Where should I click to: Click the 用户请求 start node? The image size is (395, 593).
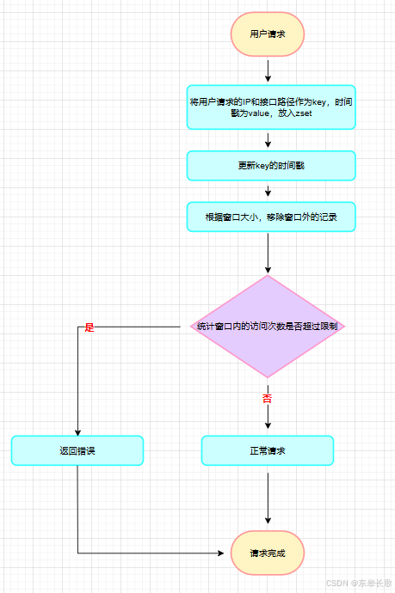(268, 34)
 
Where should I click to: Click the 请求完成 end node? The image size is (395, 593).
(268, 553)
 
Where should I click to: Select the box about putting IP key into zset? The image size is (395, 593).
(271, 107)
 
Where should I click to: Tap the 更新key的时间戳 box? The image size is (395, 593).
(271, 166)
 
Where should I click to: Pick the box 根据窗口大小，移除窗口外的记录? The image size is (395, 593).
(271, 217)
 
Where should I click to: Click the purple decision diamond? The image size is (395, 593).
(268, 326)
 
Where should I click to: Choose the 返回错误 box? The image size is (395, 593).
(77, 450)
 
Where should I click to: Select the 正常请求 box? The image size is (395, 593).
(268, 450)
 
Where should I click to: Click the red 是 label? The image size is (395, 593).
(89, 327)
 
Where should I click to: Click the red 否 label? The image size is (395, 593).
(267, 398)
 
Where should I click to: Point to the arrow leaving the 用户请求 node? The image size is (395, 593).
(268, 70)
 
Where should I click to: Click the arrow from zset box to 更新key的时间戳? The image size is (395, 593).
(268, 140)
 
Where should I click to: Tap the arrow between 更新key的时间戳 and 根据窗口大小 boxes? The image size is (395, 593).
(268, 191)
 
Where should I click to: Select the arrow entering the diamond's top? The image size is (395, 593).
(268, 253)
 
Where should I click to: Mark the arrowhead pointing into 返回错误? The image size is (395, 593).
(77, 432)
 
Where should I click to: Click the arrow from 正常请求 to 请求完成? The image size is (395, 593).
(268, 498)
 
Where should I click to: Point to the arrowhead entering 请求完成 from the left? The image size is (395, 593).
(221, 553)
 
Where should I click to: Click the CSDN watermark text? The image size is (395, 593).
(359, 583)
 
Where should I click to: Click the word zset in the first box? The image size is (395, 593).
(304, 113)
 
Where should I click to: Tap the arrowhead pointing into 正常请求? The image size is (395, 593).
(268, 425)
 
